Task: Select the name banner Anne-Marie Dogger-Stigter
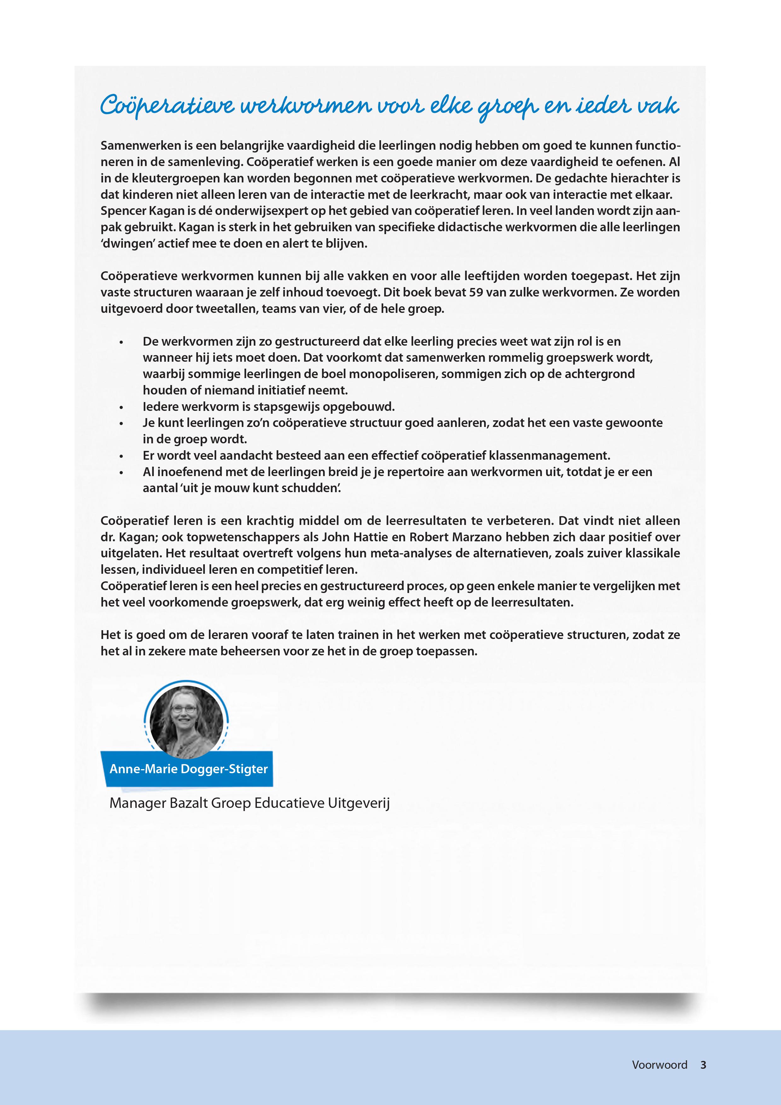click(x=188, y=768)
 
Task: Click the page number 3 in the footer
click(x=703, y=1065)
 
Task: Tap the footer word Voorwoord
click(x=659, y=1065)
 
